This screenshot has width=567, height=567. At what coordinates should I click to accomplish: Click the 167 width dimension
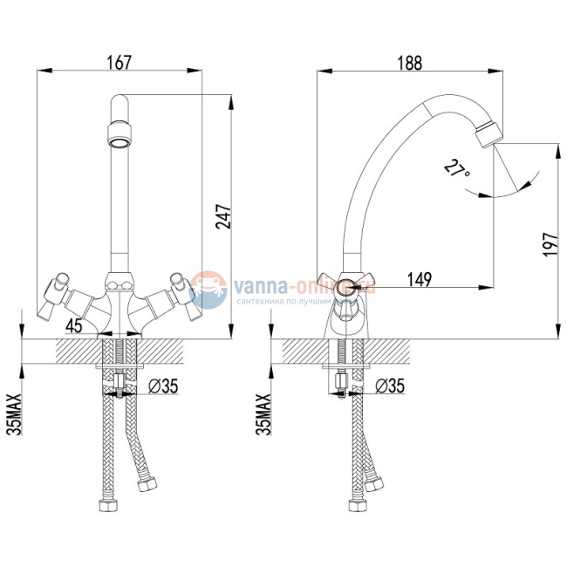[x=119, y=63]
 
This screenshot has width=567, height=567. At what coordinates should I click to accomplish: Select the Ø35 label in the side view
[x=391, y=384]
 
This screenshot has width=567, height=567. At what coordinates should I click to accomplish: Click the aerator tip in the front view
[x=120, y=136]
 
